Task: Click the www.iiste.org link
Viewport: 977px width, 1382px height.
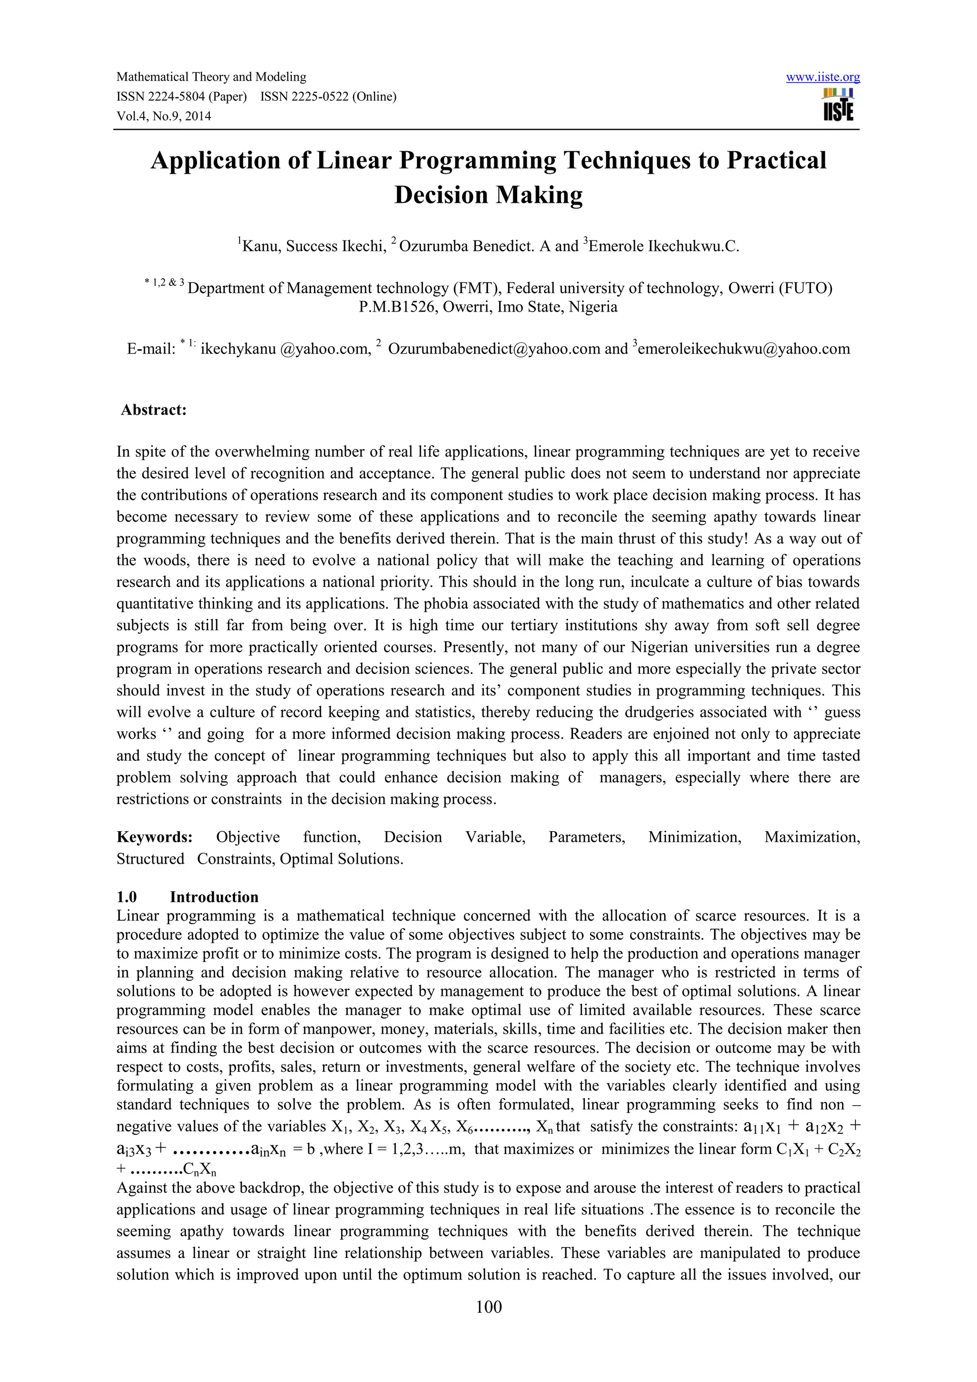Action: click(822, 77)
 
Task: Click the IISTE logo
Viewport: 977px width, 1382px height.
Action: click(838, 105)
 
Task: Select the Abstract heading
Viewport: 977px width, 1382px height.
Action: click(154, 410)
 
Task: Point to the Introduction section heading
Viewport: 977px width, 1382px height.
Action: click(214, 896)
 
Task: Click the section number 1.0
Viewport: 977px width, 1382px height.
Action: click(126, 896)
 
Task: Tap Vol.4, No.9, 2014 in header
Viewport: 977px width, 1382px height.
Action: click(164, 116)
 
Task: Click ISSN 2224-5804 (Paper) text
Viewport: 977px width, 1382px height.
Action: click(182, 96)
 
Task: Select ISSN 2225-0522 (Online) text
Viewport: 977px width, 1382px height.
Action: click(329, 96)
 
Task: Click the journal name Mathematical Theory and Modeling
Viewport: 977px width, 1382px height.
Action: click(211, 76)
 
